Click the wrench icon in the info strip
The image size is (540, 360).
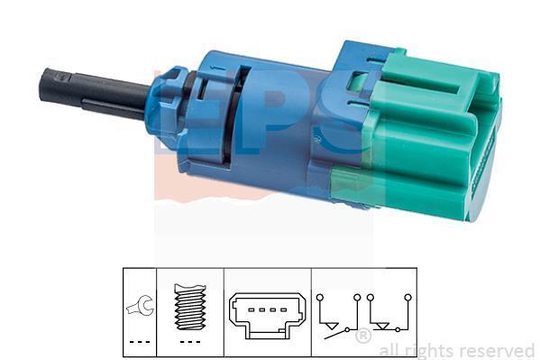tap(141, 306)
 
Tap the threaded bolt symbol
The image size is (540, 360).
tap(190, 307)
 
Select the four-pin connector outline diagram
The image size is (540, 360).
tap(268, 315)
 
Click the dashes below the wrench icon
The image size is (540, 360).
tap(140, 342)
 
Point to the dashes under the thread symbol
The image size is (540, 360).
tap(190, 342)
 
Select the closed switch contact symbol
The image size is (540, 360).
tap(389, 313)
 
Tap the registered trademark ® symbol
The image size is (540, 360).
tap(363, 336)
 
